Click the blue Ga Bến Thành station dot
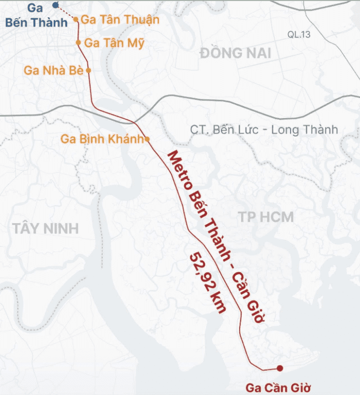tap(55, 4)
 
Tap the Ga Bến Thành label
tap(36, 16)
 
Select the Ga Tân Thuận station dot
tap(76, 20)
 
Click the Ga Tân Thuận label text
tap(120, 20)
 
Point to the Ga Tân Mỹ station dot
tap(78, 42)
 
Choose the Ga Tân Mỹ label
tap(114, 43)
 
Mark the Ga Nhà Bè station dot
tap(88, 70)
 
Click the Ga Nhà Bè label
tap(53, 70)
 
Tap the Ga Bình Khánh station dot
tap(147, 139)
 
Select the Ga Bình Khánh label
tap(102, 139)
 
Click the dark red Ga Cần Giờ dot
tap(280, 368)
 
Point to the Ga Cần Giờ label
tap(279, 387)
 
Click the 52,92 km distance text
tap(208, 282)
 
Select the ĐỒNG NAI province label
tap(236, 53)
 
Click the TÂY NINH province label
tap(46, 229)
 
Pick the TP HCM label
tap(266, 216)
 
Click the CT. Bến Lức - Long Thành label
tap(264, 129)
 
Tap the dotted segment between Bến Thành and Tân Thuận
tap(67, 13)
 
